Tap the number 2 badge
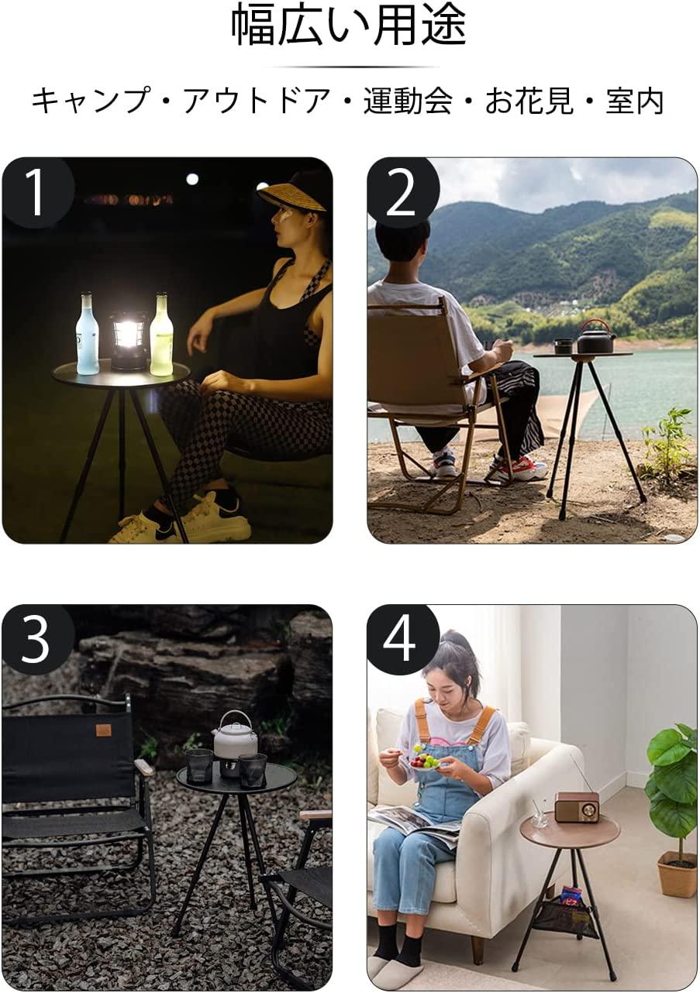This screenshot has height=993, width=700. (402, 194)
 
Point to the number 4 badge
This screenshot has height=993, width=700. (402, 640)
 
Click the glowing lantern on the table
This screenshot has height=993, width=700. (129, 339)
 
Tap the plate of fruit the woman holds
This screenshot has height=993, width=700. (425, 761)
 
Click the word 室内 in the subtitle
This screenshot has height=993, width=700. (635, 101)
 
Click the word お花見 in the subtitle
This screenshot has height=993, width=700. (529, 101)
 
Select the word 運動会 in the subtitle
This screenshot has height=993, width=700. (408, 101)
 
